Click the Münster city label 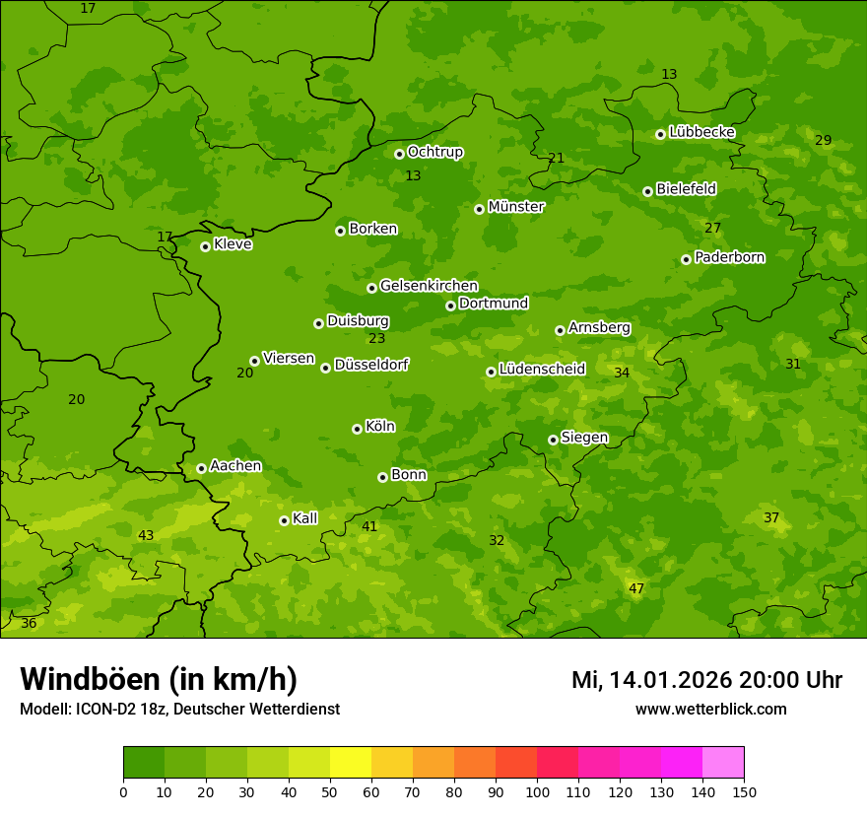[x=515, y=207]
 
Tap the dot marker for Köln [x=357, y=429]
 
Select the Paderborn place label [x=729, y=257]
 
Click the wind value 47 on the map [x=636, y=588]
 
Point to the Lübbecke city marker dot [x=660, y=134]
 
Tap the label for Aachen [x=235, y=465]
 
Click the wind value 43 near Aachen [x=146, y=535]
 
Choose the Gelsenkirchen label [x=429, y=286]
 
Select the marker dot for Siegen [x=553, y=440]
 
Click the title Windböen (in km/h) [x=159, y=679]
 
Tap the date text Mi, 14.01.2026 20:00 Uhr [x=706, y=680]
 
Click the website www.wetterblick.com [x=710, y=710]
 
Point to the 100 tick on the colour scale [x=537, y=791]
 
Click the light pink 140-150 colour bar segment [x=723, y=763]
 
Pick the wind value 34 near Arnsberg [x=622, y=373]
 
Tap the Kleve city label [x=233, y=244]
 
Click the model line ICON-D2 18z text [x=179, y=710]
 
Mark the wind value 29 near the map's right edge [x=823, y=141]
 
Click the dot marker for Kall [x=284, y=520]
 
